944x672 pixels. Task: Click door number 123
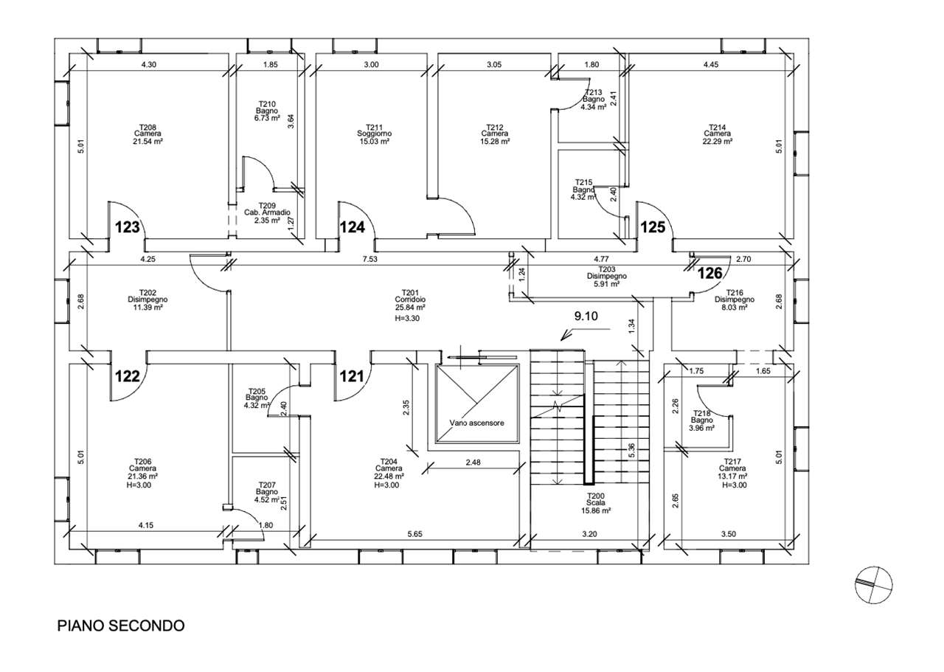128,227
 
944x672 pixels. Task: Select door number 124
353,227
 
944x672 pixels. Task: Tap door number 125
653,227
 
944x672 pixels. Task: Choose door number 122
128,376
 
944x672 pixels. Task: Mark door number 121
352,376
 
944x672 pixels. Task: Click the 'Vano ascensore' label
476,423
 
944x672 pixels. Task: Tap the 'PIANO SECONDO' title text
121,626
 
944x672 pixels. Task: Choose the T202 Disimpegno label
147,300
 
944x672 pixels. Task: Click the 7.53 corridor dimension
369,259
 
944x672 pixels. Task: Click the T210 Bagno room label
266,111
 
